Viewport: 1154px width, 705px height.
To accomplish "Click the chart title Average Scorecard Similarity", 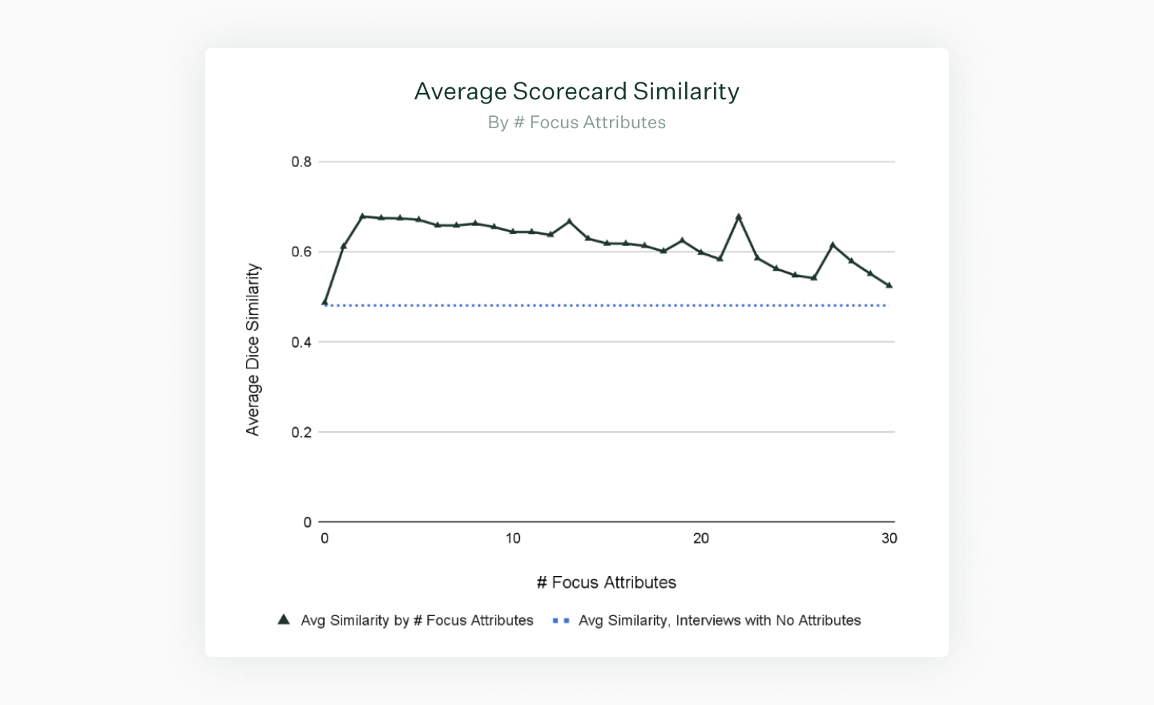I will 576,91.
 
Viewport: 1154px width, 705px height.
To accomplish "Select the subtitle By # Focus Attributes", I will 576,123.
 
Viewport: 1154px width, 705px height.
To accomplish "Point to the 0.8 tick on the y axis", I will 301,162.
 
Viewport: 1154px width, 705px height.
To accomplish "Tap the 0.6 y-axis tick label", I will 301,252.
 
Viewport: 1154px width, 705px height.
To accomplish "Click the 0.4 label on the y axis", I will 301,342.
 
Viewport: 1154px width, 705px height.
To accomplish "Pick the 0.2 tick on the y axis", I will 301,432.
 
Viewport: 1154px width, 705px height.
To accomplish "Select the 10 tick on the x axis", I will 513,538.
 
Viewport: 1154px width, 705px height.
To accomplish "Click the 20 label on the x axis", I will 701,538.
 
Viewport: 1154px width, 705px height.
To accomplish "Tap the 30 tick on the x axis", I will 889,538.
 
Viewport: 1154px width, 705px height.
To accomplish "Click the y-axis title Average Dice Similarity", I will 253,349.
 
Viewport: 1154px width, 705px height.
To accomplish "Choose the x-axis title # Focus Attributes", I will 606,582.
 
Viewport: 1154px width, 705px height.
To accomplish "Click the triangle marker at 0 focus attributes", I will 325,302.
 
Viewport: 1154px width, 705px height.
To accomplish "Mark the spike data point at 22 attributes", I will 739,217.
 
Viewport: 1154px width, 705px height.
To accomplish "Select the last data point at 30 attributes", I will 889,285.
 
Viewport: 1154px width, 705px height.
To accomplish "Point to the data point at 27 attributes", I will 833,245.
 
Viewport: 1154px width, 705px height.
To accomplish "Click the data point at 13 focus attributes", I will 569,221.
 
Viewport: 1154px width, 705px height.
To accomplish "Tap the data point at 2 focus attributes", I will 362,216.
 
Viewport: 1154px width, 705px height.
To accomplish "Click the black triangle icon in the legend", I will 284,620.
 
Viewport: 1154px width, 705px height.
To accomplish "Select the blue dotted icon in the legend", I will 561,620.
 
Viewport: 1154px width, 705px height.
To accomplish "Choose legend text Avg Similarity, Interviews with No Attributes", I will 720,620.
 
